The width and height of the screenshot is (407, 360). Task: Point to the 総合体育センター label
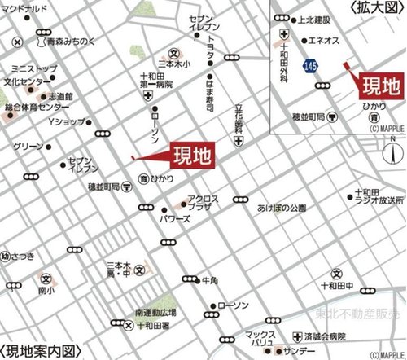33,107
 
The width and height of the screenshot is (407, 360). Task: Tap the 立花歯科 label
239,117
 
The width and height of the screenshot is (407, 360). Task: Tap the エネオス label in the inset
324,40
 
